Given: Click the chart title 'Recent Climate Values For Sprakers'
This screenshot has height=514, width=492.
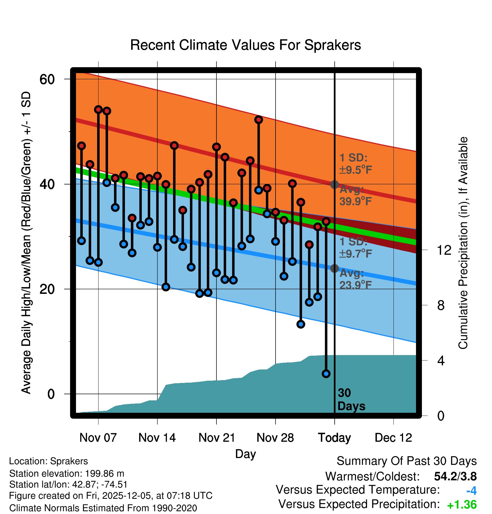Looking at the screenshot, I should click(x=245, y=45).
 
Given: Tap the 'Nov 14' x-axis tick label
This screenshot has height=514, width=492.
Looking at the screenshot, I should click(x=157, y=438).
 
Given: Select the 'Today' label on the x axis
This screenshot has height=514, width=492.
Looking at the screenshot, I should click(x=334, y=438).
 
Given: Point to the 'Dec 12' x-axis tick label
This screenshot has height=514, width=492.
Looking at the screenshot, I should click(x=393, y=438).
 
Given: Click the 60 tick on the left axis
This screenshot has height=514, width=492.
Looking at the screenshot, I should click(x=47, y=79).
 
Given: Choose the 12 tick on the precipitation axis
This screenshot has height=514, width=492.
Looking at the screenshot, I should click(x=444, y=250).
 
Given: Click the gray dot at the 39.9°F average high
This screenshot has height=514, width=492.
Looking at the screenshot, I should click(x=334, y=184).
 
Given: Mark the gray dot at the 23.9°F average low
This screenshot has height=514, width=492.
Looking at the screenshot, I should click(x=334, y=269).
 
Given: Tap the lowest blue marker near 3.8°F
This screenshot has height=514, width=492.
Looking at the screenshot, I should click(x=326, y=374).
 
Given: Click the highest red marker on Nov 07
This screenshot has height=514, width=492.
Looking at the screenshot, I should click(x=98, y=109).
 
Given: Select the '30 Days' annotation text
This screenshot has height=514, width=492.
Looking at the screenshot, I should click(x=351, y=400).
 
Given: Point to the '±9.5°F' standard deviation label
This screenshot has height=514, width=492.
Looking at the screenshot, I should click(x=356, y=170).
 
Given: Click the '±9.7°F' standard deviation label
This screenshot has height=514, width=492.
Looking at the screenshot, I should click(x=356, y=254).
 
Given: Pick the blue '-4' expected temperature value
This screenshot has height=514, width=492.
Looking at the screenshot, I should click(x=471, y=491).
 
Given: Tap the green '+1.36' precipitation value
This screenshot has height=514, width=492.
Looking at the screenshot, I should click(x=462, y=505).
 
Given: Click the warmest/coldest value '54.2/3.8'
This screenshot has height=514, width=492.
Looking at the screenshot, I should click(x=455, y=476).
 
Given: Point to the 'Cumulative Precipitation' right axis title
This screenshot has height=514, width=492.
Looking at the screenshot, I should click(x=463, y=243).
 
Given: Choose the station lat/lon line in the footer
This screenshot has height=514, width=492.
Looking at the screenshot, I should click(x=68, y=484).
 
